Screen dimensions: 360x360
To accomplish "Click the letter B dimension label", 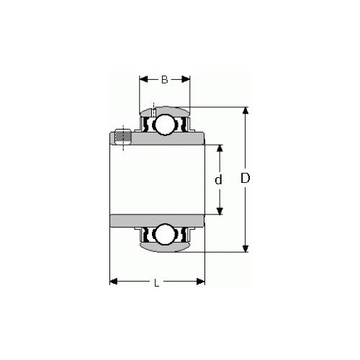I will [164, 80].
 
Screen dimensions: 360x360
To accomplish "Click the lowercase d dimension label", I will [218, 179].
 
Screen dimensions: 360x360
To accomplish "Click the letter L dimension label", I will [157, 282].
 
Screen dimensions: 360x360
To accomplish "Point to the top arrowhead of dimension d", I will [220, 147].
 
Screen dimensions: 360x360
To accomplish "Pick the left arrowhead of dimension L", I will [114, 282].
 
